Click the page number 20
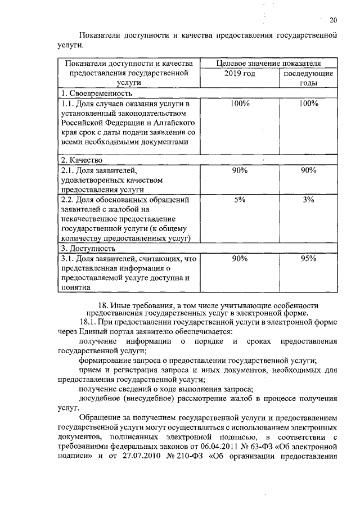[333, 21]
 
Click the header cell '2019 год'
[240, 73]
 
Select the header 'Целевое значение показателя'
[270, 63]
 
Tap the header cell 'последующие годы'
[308, 78]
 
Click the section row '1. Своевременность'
[97, 93]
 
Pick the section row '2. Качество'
[82, 160]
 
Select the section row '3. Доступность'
[89, 247]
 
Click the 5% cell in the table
[240, 200]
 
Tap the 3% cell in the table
[308, 200]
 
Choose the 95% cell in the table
[308, 258]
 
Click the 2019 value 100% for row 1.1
[240, 103]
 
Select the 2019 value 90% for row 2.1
[240, 170]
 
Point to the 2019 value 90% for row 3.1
[240, 258]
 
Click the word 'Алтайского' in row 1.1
[172, 123]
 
